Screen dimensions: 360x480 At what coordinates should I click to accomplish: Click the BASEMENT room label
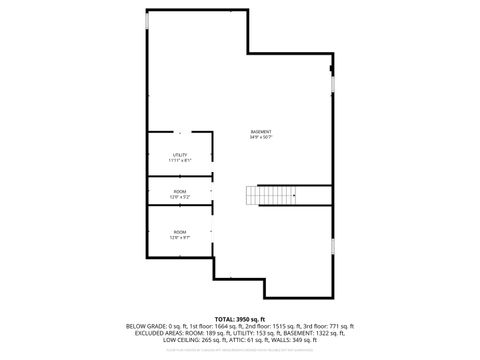[261, 131]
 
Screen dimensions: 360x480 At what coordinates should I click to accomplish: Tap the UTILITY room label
[180, 154]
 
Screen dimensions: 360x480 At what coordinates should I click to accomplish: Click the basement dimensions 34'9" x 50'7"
[261, 137]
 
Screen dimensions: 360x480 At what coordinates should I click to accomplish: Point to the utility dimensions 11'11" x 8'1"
[180, 160]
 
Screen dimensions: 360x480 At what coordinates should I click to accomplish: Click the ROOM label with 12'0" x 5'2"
[180, 191]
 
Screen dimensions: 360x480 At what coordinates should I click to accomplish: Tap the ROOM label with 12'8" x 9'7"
[180, 232]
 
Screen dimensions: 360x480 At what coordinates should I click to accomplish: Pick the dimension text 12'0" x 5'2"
[180, 197]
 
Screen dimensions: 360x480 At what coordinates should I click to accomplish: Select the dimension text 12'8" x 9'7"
[180, 238]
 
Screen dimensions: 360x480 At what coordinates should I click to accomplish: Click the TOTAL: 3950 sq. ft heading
[240, 318]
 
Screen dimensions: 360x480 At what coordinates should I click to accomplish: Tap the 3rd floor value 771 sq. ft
[337, 326]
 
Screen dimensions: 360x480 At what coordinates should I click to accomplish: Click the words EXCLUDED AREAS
[150, 333]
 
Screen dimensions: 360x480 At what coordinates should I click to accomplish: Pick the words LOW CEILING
[179, 340]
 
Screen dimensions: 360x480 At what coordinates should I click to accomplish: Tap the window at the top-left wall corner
[149, 21]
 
